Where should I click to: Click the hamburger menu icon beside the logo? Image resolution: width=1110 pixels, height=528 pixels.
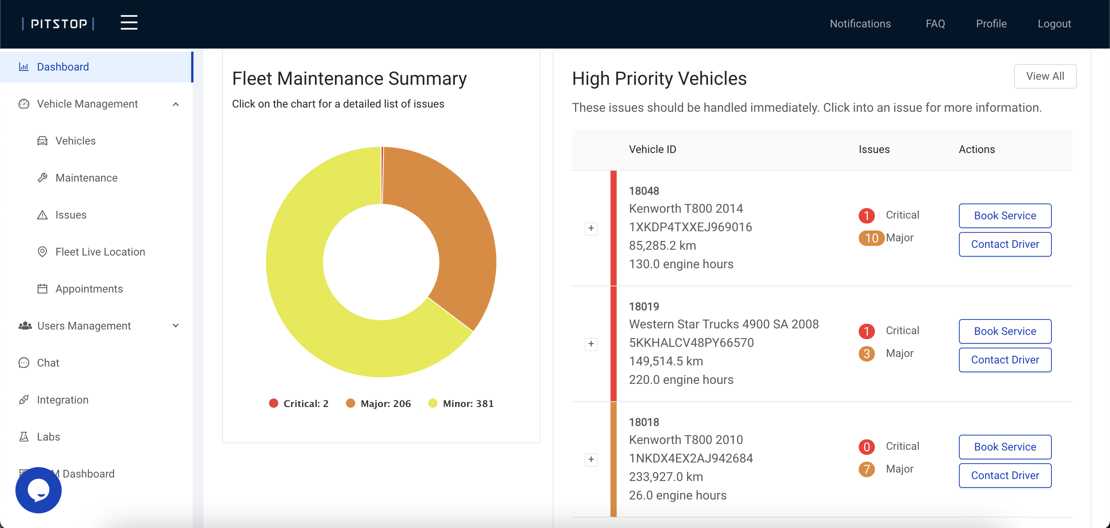click(129, 22)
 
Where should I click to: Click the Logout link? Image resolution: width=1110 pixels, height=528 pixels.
click(1054, 24)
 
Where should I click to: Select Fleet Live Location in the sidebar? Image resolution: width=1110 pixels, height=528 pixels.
click(100, 252)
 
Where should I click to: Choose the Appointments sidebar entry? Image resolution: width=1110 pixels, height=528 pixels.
click(89, 289)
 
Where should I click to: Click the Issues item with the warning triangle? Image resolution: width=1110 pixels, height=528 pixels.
click(71, 215)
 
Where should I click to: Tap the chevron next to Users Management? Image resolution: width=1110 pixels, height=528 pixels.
click(176, 325)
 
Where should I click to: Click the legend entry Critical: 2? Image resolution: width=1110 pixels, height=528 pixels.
click(299, 404)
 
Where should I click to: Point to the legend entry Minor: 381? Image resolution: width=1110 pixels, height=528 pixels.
click(461, 404)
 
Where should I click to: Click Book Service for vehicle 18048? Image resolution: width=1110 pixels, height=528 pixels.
click(1004, 215)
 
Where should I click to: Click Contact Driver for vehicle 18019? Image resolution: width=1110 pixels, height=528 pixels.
click(1004, 360)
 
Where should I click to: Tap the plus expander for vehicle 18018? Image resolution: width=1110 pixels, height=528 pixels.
click(591, 459)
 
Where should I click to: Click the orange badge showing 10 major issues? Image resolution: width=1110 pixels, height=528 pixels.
click(871, 238)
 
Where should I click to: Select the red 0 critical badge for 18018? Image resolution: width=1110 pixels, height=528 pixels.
click(866, 447)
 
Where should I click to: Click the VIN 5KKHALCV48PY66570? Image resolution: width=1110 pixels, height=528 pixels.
click(691, 343)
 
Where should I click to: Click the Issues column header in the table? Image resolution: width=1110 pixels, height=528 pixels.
click(873, 149)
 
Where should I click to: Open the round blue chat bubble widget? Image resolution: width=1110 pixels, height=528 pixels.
click(39, 490)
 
